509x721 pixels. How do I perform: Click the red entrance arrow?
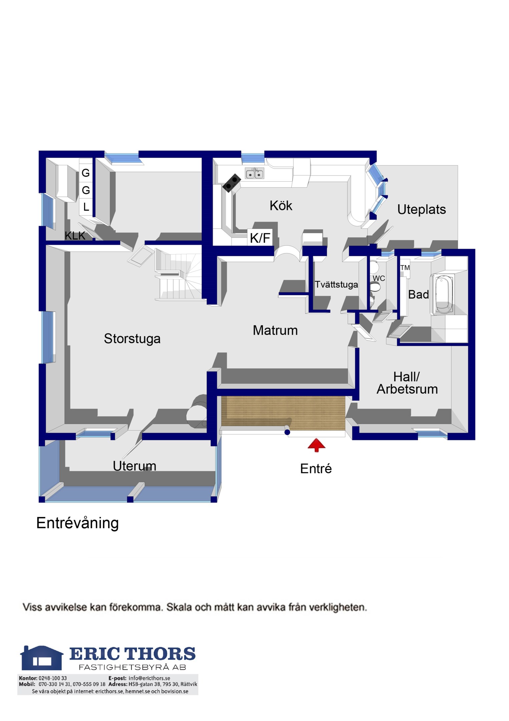(316, 445)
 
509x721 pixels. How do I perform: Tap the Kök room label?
(281, 206)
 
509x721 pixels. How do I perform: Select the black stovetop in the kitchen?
(232, 183)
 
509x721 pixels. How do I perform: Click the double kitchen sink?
(255, 173)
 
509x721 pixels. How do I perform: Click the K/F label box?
(260, 237)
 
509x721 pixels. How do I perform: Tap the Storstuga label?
(132, 338)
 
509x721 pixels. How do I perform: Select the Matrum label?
(275, 330)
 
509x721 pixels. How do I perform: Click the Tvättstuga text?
(336, 284)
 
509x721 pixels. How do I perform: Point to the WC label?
(379, 278)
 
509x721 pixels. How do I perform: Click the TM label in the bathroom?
(405, 267)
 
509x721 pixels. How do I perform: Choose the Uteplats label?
(422, 209)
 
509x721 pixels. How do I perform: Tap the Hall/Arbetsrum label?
(407, 383)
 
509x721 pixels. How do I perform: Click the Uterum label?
(134, 466)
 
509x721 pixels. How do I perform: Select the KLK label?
(75, 235)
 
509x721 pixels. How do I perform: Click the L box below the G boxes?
(86, 207)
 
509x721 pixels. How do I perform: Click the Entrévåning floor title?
(77, 523)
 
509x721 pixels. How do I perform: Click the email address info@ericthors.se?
(149, 678)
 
